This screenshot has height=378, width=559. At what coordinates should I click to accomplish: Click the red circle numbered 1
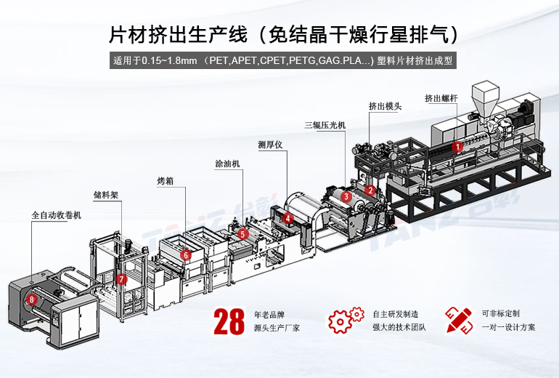tap(457, 146)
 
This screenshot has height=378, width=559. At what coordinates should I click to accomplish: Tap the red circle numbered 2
tap(370, 190)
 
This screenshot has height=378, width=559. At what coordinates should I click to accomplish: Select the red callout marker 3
tap(346, 196)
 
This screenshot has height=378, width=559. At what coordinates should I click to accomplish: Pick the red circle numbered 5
tap(242, 234)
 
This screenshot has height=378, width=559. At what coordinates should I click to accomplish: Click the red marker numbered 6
tap(186, 255)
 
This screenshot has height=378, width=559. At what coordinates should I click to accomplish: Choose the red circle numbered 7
tap(122, 279)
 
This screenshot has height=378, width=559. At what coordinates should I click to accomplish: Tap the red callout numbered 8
tap(31, 299)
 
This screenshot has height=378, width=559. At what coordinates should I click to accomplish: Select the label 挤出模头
tap(385, 106)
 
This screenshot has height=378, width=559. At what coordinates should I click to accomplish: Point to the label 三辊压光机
tap(325, 125)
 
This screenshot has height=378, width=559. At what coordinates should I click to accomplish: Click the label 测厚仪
tap(270, 143)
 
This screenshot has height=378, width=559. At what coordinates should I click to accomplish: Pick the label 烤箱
tap(166, 179)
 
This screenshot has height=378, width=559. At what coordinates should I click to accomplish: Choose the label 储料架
tap(106, 195)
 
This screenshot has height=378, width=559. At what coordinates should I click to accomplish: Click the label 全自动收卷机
tap(57, 216)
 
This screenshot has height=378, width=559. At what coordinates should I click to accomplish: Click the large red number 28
tap(229, 321)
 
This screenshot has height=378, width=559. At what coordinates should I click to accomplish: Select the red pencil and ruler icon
tap(458, 320)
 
